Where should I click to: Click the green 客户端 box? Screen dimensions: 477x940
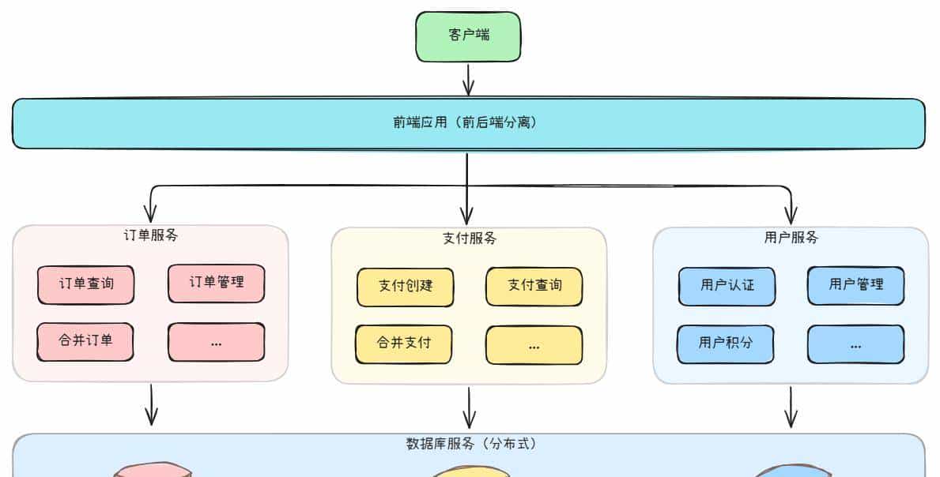[468, 36]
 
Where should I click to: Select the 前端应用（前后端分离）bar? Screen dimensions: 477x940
[468, 123]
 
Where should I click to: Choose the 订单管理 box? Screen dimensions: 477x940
[216, 283]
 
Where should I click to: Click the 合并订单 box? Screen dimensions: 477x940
[85, 342]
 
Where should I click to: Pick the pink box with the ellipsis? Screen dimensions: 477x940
[216, 342]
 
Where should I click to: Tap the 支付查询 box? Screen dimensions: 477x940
[534, 286]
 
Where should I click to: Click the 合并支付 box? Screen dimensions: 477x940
[403, 344]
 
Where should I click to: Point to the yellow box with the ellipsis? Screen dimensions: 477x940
[534, 345]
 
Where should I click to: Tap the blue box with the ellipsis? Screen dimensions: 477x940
[855, 344]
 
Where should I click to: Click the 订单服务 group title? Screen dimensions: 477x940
[150, 235]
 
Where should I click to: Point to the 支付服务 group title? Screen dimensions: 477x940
[470, 238]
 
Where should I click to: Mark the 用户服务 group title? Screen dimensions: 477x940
[791, 238]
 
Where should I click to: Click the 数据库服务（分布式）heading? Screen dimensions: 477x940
[470, 444]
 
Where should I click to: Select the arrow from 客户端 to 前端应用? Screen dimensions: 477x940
[468, 80]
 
